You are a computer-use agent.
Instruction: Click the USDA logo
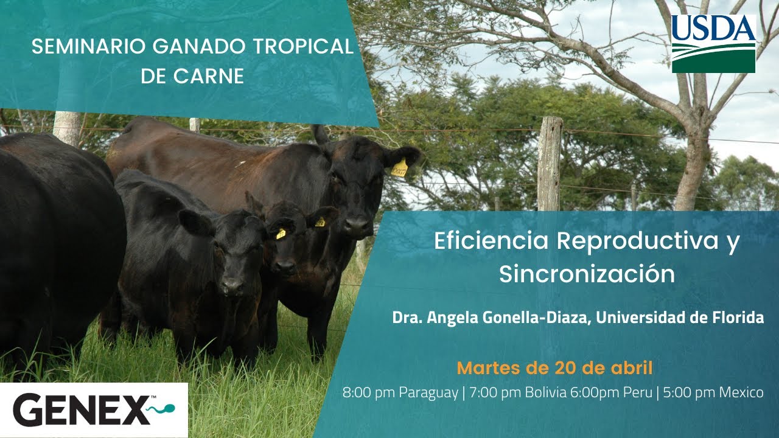[714, 43]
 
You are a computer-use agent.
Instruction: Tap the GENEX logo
[94, 410]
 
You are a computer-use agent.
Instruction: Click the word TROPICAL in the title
[303, 47]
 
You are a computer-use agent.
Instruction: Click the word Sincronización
[587, 274]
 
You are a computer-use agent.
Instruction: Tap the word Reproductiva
[637, 240]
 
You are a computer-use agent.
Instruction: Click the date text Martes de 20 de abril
[554, 368]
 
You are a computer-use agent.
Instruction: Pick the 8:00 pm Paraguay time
[400, 393]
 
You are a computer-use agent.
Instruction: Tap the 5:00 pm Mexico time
[713, 392]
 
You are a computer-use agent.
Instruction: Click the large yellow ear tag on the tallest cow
[399, 169]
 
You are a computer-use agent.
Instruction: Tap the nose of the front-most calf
[232, 286]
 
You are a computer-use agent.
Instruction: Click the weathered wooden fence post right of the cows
[550, 164]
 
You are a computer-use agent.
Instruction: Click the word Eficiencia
[491, 240]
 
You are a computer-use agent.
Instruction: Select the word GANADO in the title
[199, 47]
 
